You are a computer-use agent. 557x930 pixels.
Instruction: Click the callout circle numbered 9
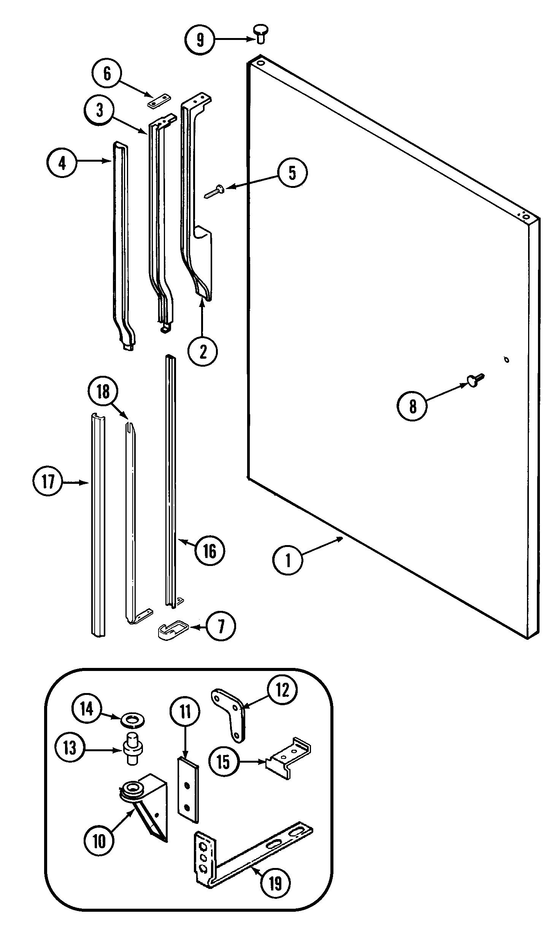click(x=200, y=39)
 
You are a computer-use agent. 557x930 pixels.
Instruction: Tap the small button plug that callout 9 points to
click(x=260, y=32)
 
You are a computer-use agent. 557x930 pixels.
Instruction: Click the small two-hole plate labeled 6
click(x=159, y=101)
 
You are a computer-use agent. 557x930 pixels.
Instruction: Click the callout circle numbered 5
click(x=292, y=173)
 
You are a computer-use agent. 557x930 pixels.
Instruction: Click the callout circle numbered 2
click(x=203, y=351)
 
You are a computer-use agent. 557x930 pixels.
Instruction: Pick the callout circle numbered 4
click(x=62, y=163)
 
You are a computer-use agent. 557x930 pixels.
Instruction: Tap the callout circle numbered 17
click(x=48, y=482)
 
